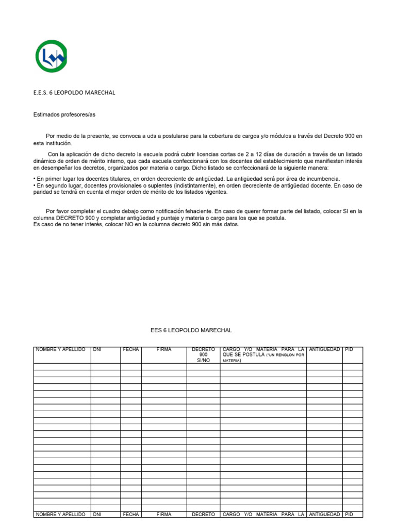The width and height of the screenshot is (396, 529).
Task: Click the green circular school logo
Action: tap(51, 56)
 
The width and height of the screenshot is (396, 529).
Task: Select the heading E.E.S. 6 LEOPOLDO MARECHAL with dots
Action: tap(74, 92)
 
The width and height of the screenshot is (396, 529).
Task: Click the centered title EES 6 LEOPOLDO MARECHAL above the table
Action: tap(191, 330)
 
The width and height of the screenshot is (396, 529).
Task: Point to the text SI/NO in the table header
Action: tap(203, 361)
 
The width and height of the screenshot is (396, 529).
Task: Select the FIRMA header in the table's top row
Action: tap(164, 350)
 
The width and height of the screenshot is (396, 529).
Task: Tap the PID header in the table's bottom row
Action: tap(349, 515)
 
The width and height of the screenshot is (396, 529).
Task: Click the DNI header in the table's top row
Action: tap(97, 350)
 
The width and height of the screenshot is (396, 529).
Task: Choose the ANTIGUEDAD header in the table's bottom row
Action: tap(324, 515)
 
